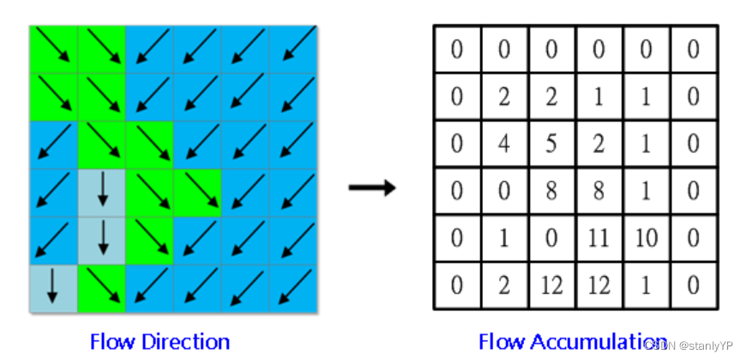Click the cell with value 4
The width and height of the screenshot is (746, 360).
(504, 143)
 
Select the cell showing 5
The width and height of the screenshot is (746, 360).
(551, 143)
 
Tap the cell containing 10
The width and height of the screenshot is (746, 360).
(646, 237)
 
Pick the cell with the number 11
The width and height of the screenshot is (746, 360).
(599, 237)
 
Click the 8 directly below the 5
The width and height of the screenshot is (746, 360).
(551, 190)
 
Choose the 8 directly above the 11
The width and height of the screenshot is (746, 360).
(599, 190)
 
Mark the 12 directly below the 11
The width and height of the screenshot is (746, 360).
(599, 285)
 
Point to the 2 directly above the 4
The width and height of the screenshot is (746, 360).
(504, 96)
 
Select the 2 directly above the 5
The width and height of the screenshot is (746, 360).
(551, 96)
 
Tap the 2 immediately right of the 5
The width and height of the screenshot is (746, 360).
(599, 143)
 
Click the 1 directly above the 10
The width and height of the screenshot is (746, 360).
(646, 190)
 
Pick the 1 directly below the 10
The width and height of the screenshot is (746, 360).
(646, 285)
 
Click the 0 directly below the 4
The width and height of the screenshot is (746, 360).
(504, 190)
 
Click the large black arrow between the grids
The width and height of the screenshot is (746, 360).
(372, 188)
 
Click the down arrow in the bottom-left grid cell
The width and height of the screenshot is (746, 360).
(53, 287)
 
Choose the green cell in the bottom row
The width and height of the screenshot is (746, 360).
(101, 287)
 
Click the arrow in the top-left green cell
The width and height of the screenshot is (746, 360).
(53, 50)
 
